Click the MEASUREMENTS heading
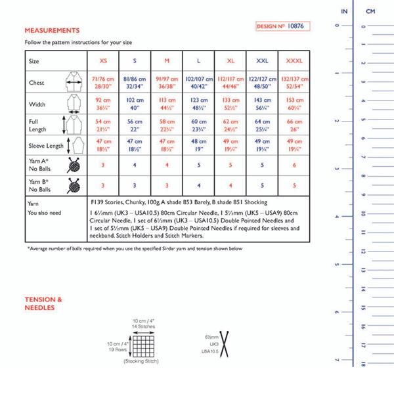[52, 30]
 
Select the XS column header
[103, 60]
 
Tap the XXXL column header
[295, 60]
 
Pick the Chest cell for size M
[167, 83]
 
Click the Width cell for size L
[198, 104]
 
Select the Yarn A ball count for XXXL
[295, 165]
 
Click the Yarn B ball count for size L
[198, 185]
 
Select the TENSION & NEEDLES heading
[43, 303]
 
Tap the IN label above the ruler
[344, 12]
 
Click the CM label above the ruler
[370, 12]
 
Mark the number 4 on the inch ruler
[336, 216]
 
